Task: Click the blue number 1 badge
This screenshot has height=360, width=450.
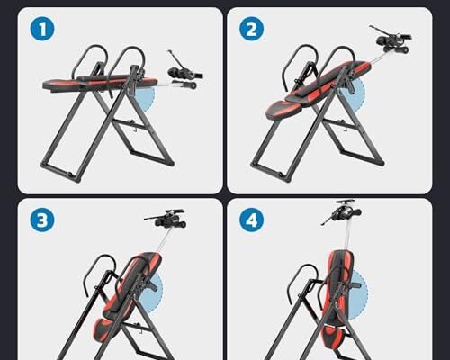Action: (36, 30)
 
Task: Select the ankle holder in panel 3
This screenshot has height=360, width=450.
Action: (162, 219)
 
